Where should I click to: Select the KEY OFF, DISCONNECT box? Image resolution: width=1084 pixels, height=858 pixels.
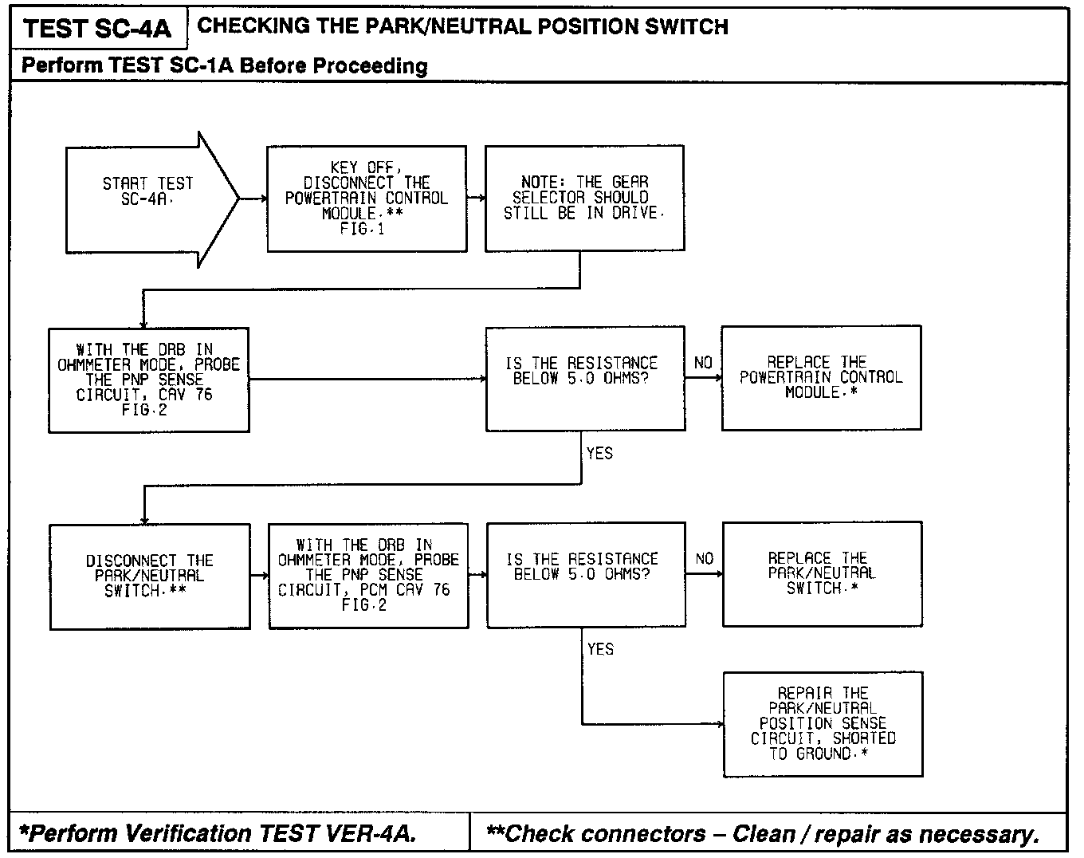tap(367, 199)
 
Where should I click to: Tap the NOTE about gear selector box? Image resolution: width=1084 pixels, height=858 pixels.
tap(584, 198)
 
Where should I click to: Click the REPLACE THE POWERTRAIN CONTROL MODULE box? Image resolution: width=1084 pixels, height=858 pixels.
tap(821, 378)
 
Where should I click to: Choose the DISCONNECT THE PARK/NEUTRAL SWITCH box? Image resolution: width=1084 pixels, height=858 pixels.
tap(149, 576)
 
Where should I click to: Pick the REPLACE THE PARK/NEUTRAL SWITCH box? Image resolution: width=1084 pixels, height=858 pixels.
tap(822, 574)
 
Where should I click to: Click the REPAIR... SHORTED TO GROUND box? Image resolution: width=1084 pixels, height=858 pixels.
tap(823, 724)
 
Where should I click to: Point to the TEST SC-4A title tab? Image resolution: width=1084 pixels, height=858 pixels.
tap(97, 29)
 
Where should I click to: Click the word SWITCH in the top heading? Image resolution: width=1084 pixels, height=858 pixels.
tap(687, 26)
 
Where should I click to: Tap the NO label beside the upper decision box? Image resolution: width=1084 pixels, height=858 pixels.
tap(703, 364)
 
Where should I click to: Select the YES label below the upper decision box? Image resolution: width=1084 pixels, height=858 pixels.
tap(599, 454)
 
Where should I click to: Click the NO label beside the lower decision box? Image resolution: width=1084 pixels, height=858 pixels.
tap(705, 560)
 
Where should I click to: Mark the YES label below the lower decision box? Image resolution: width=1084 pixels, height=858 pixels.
tap(600, 650)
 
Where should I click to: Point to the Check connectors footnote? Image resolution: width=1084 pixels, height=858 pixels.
tap(763, 834)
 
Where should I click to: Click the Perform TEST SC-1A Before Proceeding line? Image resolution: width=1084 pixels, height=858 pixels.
tap(225, 65)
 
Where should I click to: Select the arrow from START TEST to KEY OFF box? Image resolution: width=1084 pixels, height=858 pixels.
tap(253, 199)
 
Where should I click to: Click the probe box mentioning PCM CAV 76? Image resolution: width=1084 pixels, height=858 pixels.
tap(367, 575)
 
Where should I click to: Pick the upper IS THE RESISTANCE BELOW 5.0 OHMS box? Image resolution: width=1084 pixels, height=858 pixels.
tap(585, 378)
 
